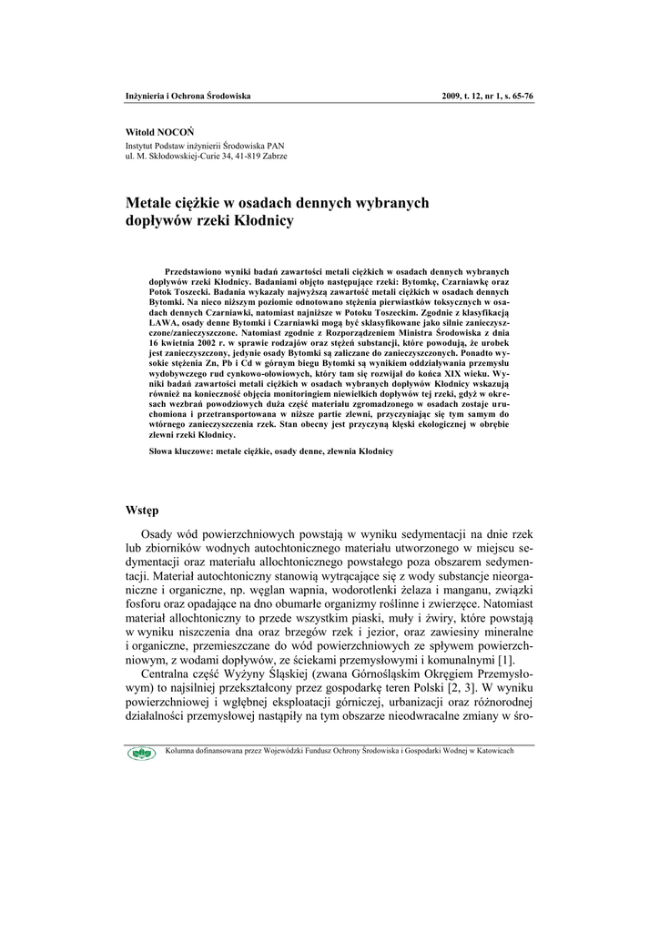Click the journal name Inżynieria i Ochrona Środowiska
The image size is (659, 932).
coord(188,96)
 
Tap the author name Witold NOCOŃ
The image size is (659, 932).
coord(159,133)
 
